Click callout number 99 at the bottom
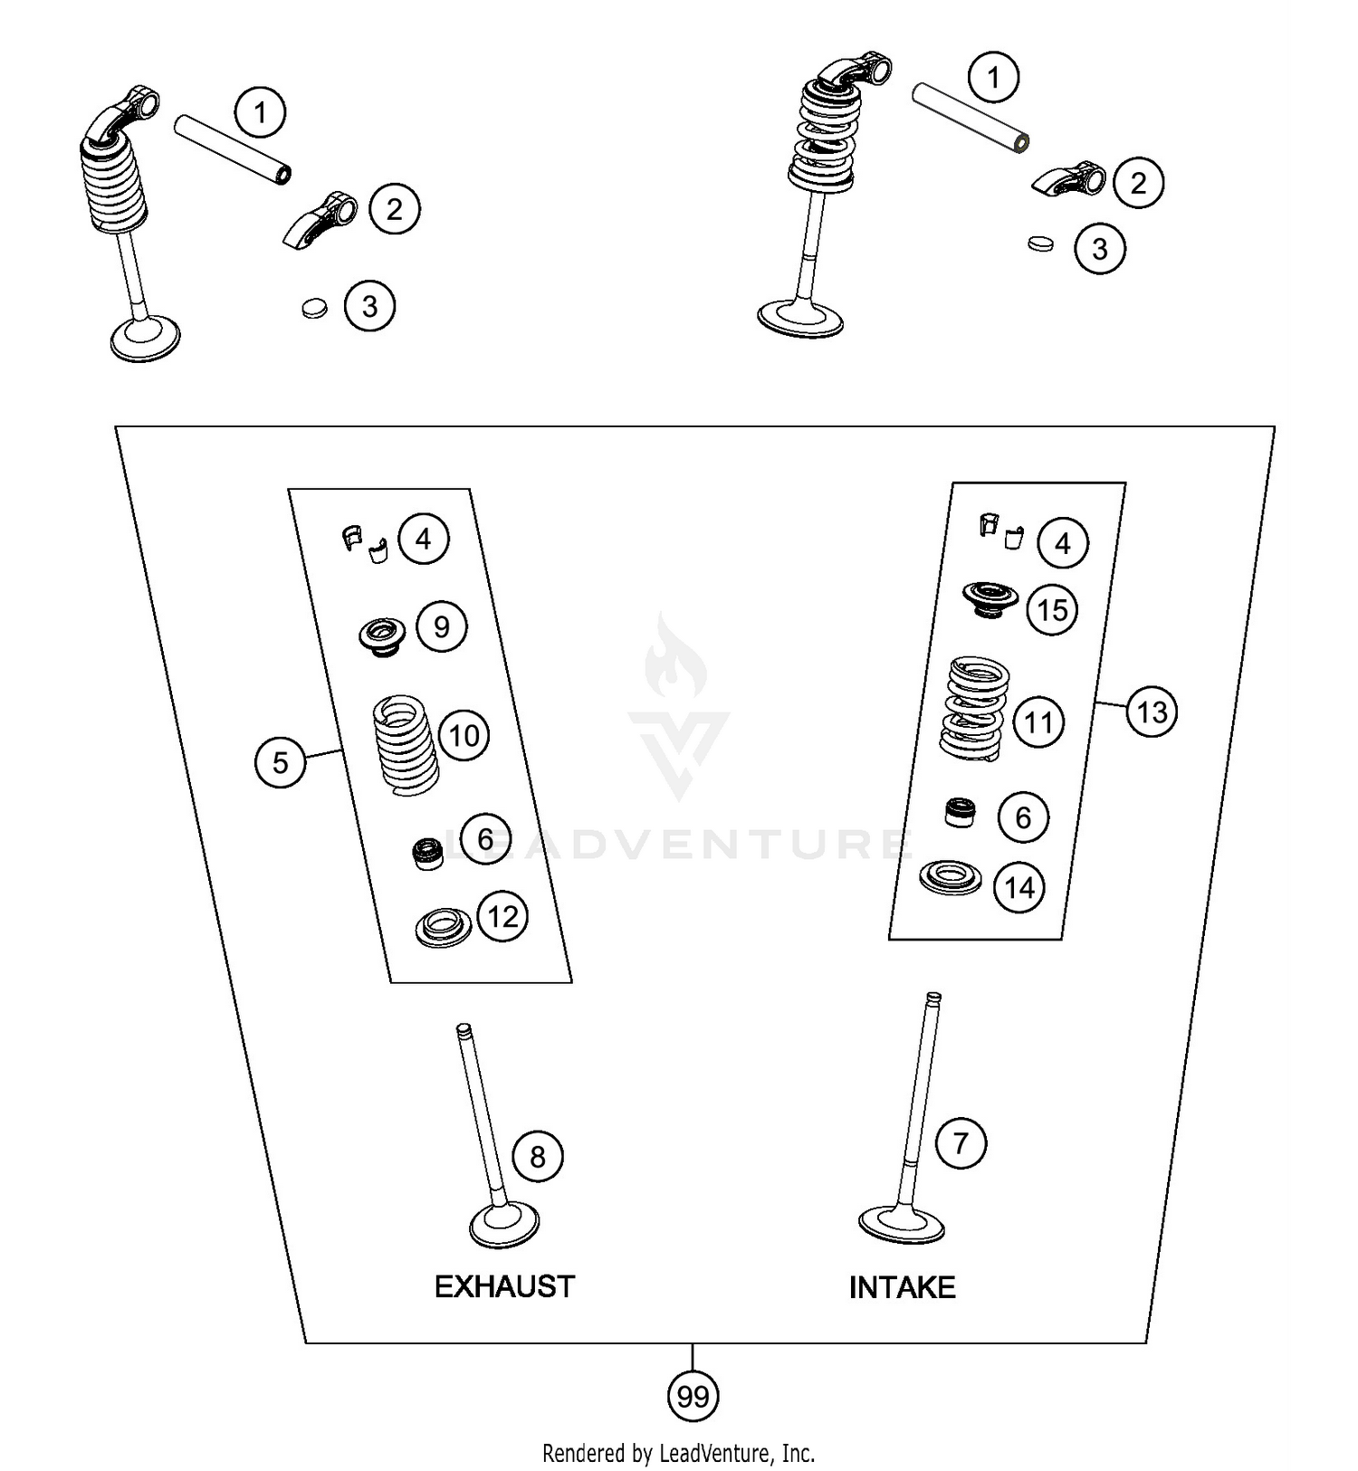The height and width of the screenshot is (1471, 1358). (x=693, y=1396)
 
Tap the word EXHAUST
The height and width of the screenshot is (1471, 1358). (x=504, y=1286)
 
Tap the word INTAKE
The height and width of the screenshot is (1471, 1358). (x=902, y=1287)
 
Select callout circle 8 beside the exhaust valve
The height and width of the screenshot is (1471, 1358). (x=538, y=1156)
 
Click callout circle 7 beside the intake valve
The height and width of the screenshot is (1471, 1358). (x=961, y=1142)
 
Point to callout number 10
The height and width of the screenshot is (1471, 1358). (x=464, y=735)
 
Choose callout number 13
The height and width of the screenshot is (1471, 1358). (x=1151, y=712)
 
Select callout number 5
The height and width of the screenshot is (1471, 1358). (x=280, y=762)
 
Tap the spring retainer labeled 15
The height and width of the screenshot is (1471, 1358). (x=990, y=599)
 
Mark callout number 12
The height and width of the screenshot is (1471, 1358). (x=502, y=916)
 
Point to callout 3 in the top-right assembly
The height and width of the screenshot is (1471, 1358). (x=1100, y=249)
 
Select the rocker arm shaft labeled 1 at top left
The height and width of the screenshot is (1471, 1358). (x=233, y=148)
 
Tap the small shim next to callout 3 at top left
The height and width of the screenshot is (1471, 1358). (x=313, y=308)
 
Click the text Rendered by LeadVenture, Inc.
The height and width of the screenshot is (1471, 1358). (x=678, y=1453)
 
